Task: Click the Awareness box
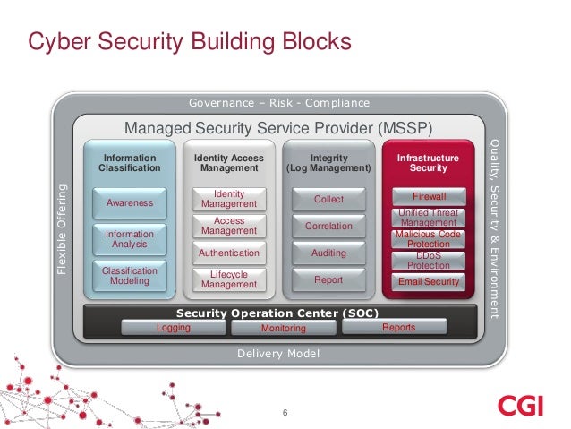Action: (x=130, y=203)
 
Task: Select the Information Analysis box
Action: (x=130, y=239)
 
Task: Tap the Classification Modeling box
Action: (x=130, y=276)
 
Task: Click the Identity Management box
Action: (x=229, y=199)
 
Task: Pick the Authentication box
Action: (x=229, y=253)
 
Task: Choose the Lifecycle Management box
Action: (x=229, y=279)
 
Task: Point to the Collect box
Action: (x=328, y=199)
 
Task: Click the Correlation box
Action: (x=328, y=227)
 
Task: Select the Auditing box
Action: (x=328, y=253)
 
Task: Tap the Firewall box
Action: (x=429, y=196)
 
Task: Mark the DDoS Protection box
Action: (x=429, y=261)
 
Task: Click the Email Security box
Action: (x=429, y=282)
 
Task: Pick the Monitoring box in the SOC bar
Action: (x=283, y=329)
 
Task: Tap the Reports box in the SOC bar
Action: (x=398, y=328)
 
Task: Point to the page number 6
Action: (x=285, y=413)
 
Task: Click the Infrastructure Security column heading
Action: (x=428, y=163)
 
